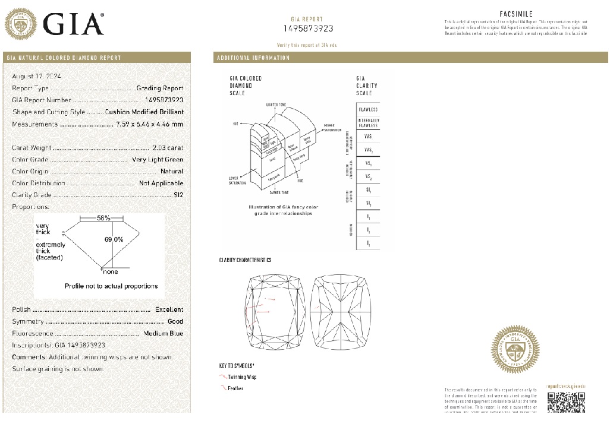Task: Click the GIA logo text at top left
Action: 74,24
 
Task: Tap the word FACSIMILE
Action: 515,14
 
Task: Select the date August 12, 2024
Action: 37,77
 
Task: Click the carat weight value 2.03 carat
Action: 168,148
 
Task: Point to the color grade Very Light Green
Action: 158,160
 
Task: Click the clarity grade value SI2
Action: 178,195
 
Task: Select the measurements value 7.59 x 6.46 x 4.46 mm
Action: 150,124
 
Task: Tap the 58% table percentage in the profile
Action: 103,218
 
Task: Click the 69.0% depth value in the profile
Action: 114,239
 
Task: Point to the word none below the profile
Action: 111,272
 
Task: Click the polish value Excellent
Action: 169,309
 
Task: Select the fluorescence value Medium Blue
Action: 163,333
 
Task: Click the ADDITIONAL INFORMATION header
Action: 253,58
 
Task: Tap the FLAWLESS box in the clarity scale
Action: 368,110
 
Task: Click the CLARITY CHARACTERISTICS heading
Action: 245,260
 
